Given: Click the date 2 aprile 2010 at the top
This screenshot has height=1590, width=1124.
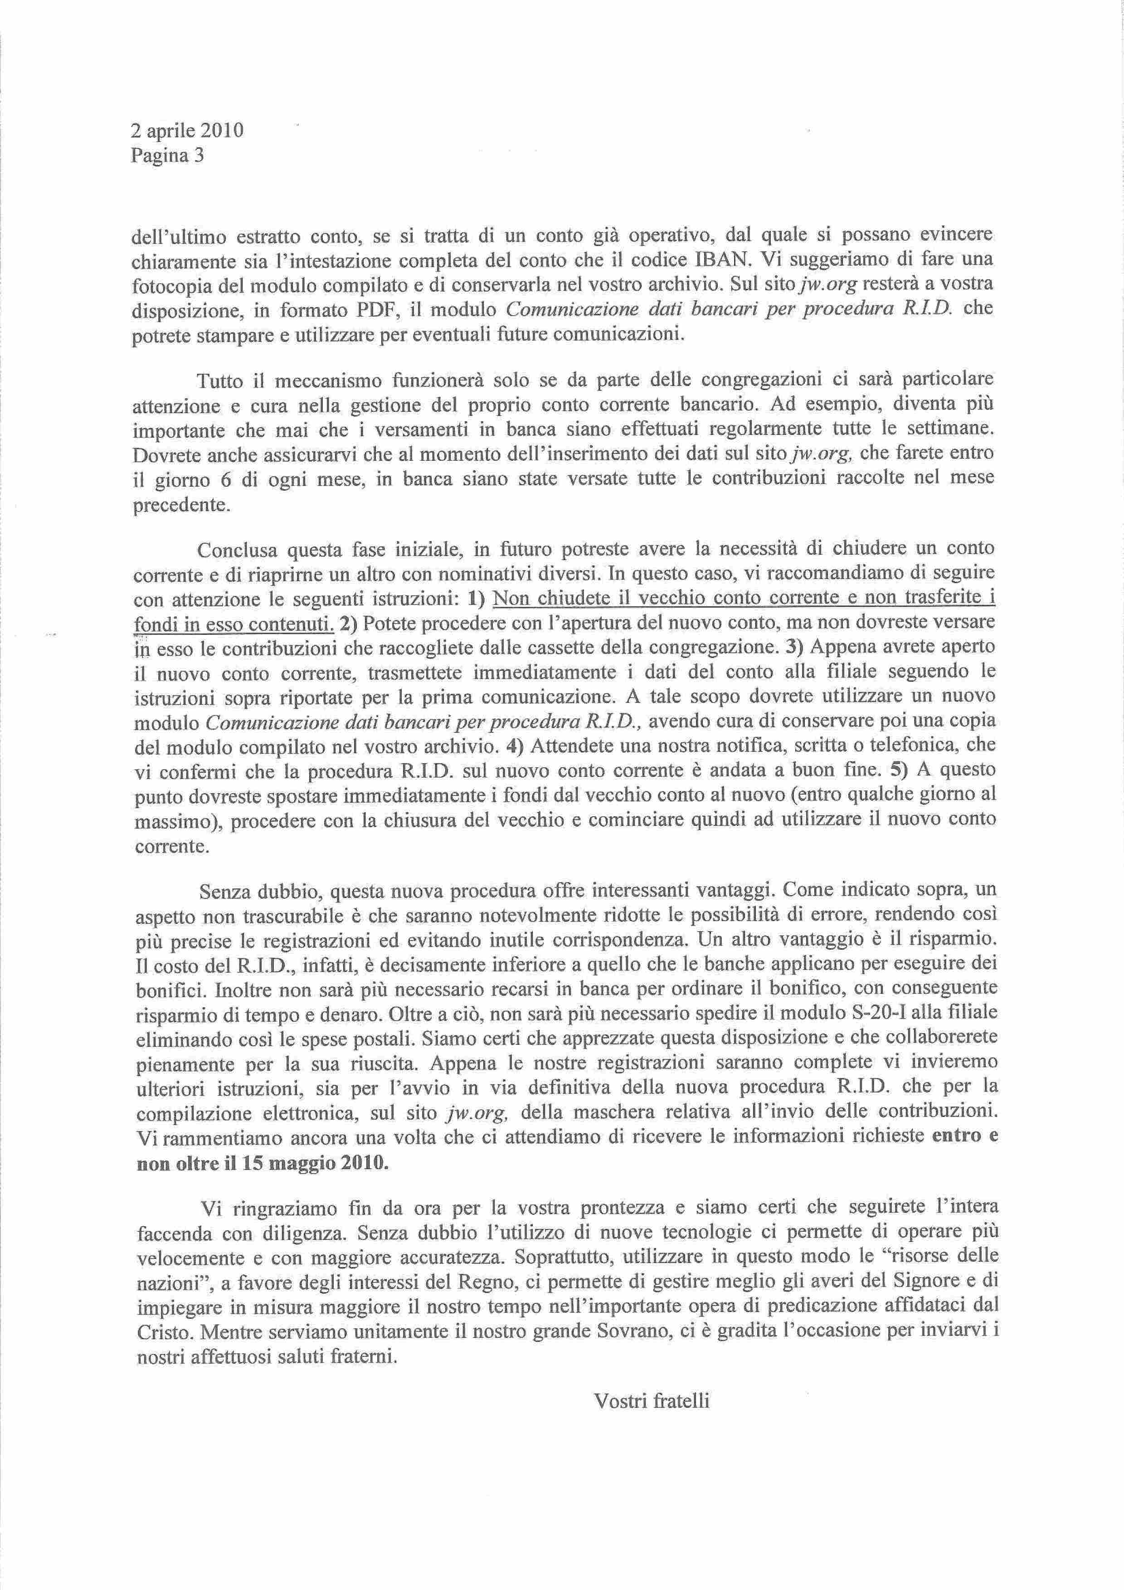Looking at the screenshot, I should point(187,130).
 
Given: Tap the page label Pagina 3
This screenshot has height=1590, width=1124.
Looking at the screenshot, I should point(168,156).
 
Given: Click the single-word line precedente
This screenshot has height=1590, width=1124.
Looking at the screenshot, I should point(180,505).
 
